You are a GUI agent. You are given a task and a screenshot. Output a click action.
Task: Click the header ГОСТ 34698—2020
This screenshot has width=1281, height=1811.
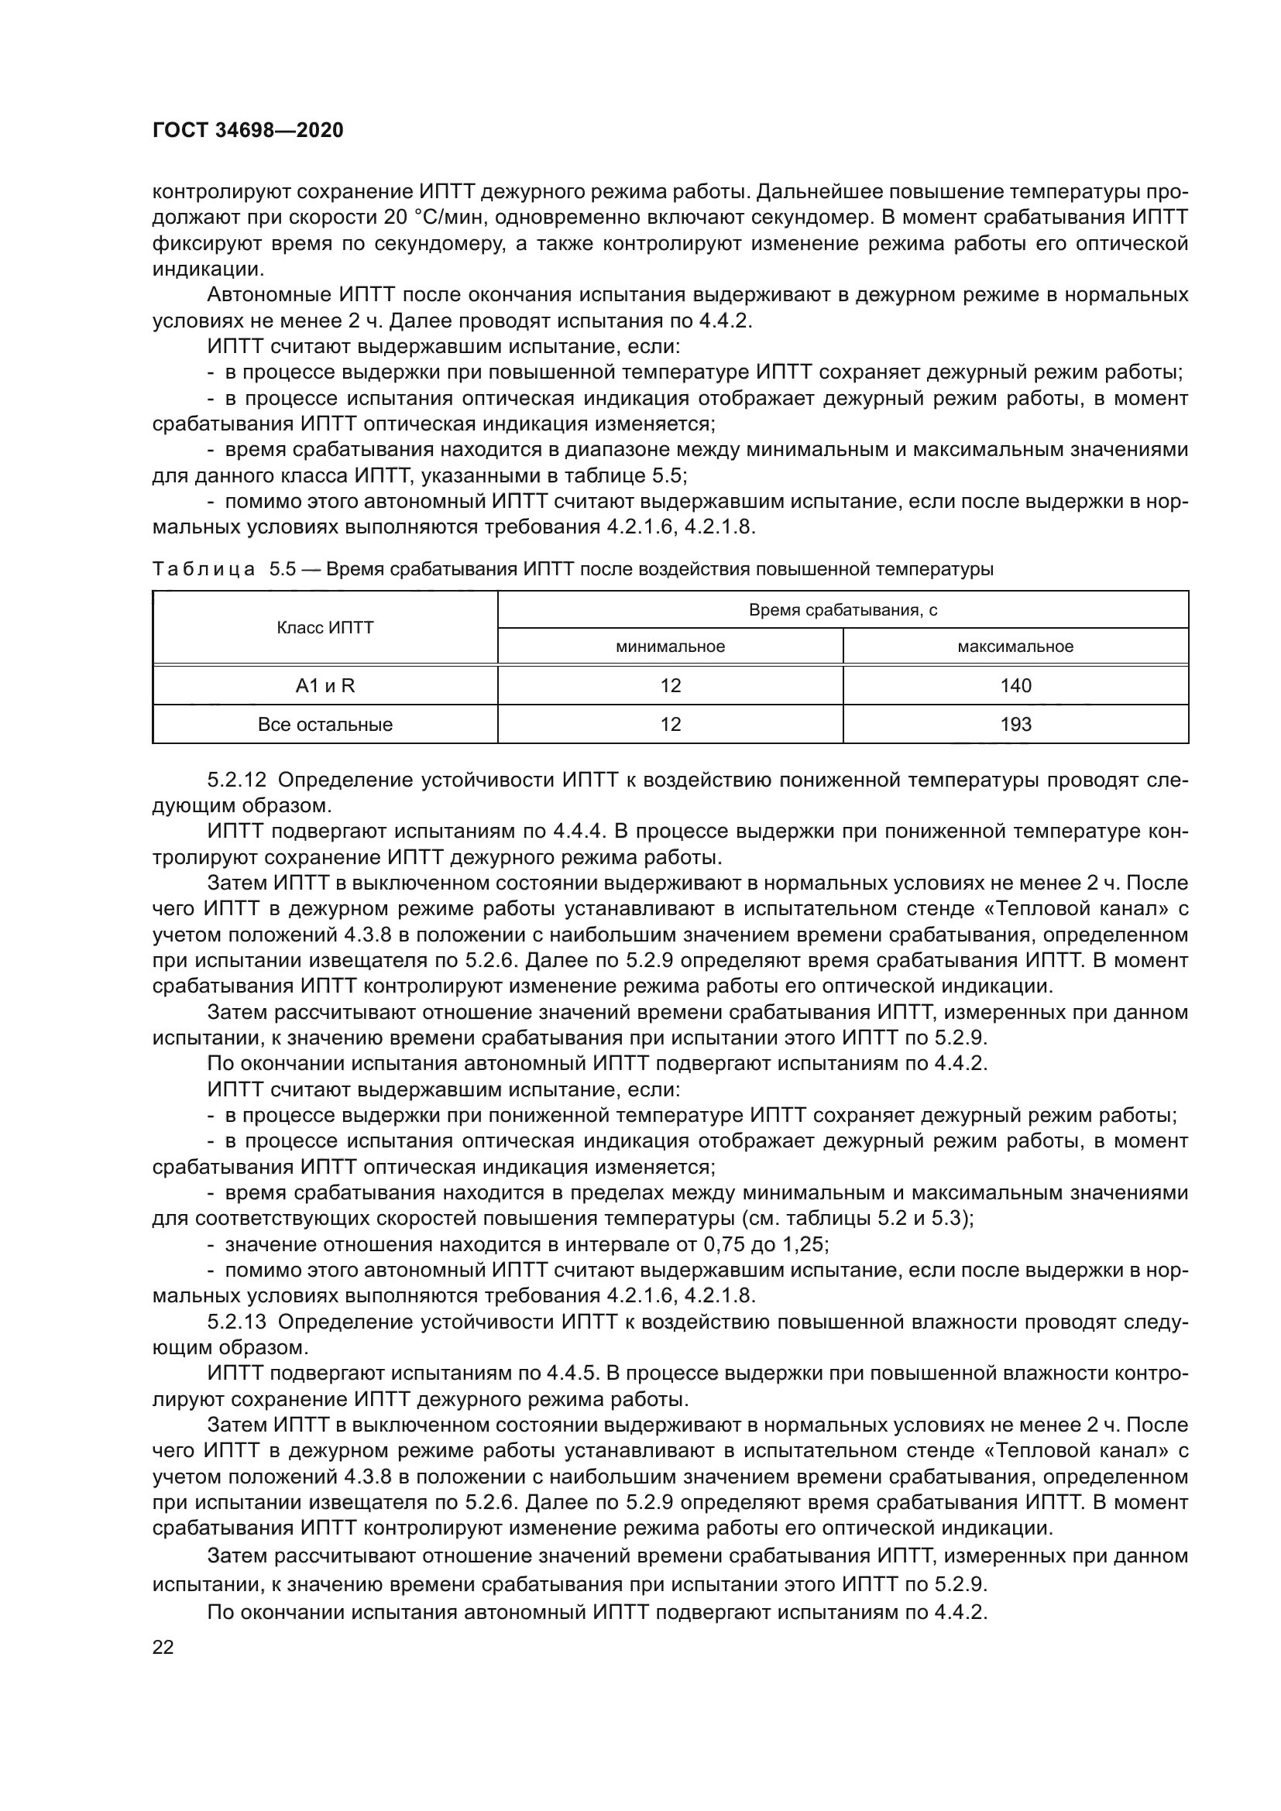(248, 131)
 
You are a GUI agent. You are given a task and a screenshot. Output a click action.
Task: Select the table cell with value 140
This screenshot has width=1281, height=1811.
(1015, 685)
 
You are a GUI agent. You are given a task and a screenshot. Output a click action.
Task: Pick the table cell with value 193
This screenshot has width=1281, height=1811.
(1015, 724)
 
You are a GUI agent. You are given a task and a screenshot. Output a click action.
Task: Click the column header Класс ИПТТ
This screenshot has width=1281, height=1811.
(325, 628)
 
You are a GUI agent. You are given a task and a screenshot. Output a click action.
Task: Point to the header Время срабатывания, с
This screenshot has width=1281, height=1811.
(843, 610)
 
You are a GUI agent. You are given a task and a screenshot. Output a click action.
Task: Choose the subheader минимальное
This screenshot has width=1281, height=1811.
(670, 647)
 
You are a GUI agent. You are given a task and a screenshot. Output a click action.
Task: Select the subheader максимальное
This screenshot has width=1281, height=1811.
(1015, 647)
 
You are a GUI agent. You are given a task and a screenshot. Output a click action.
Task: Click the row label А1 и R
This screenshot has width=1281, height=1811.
(325, 685)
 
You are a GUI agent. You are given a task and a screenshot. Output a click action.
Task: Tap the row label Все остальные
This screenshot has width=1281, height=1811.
(325, 724)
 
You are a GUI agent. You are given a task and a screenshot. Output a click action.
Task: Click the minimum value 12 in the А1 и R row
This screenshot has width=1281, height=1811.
(670, 685)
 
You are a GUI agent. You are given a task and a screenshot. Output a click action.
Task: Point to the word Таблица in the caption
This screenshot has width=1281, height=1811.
(204, 570)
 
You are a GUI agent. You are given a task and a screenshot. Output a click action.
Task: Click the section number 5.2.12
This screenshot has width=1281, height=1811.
(237, 780)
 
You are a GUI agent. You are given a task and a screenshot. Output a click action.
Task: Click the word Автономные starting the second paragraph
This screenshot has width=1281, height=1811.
(270, 295)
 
